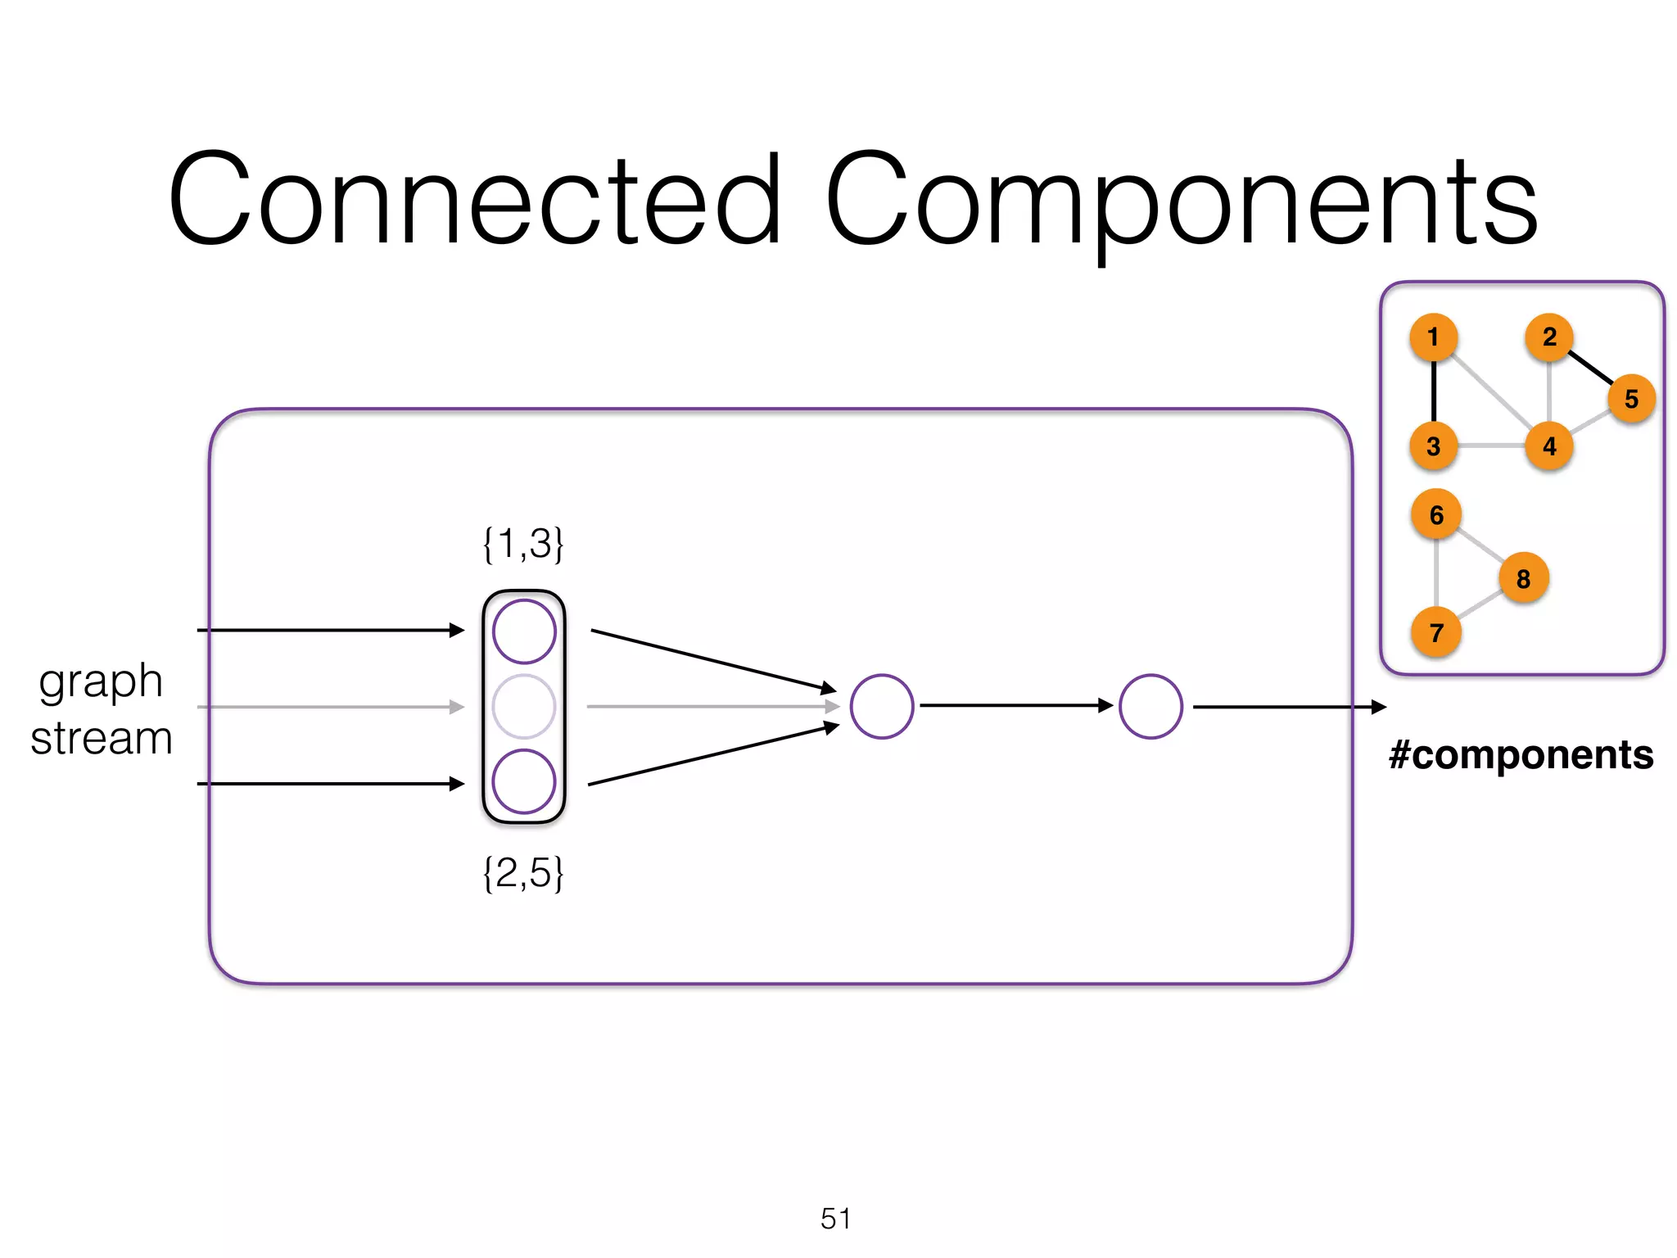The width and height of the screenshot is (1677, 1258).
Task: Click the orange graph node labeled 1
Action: [x=1433, y=337]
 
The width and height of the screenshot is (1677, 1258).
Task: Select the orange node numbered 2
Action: [x=1549, y=337]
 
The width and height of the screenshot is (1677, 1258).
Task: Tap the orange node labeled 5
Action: [x=1631, y=399]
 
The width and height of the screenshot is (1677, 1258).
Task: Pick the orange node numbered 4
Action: [x=1549, y=446]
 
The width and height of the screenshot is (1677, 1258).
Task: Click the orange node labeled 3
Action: [x=1433, y=446]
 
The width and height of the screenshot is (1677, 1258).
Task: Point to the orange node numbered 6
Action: [x=1436, y=514]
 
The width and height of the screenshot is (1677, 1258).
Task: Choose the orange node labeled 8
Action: [x=1523, y=578]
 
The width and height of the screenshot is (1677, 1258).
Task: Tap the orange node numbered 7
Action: [x=1436, y=632]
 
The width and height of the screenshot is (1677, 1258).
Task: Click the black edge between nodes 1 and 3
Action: [x=1433, y=391]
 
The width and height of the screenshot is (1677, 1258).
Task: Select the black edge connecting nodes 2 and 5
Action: [x=1590, y=368]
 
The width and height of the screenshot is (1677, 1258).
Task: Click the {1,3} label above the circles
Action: [x=523, y=544]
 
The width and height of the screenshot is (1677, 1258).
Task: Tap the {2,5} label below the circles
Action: [x=523, y=873]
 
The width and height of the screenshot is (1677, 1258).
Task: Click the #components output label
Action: [x=1521, y=754]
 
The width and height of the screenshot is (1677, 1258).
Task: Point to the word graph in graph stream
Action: [x=101, y=682]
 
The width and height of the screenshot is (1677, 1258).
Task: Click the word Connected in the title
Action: [x=474, y=201]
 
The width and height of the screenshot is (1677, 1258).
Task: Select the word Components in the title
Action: [x=1181, y=201]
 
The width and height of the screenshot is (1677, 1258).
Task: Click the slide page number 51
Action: [x=835, y=1219]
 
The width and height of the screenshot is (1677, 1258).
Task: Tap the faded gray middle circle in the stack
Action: [x=524, y=706]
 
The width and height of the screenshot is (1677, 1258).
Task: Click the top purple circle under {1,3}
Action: [x=524, y=631]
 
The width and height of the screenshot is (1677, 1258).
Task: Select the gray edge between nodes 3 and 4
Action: [x=1491, y=446]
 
